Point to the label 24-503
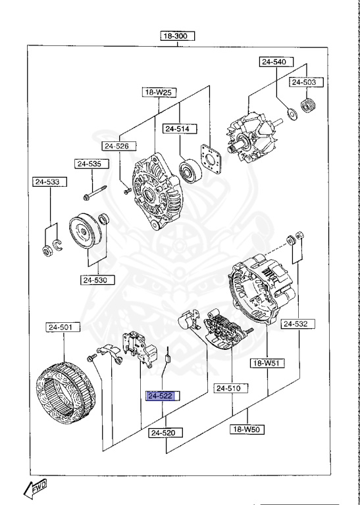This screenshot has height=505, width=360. click(x=304, y=82)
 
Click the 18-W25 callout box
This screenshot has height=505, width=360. click(x=158, y=93)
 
